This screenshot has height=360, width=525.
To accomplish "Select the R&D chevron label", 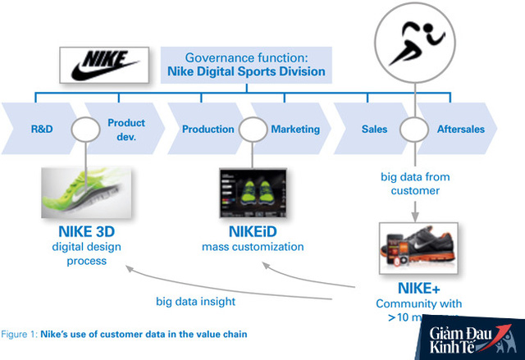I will point(43,129).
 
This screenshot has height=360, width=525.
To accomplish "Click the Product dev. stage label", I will point(126,129).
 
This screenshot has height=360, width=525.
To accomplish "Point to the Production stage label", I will point(208,129).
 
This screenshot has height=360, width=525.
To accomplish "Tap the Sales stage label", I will point(374,129).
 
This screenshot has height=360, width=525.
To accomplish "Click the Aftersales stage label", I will point(460,129).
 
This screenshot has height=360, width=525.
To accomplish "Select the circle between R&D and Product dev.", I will point(84,129).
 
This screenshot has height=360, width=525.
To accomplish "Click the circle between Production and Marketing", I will point(252,129).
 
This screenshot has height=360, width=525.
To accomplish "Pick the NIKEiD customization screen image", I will point(252,191).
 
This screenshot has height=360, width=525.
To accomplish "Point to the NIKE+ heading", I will point(420,288).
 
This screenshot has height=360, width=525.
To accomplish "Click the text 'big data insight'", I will point(195,301).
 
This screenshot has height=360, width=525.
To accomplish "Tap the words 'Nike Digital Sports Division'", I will point(246,72).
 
